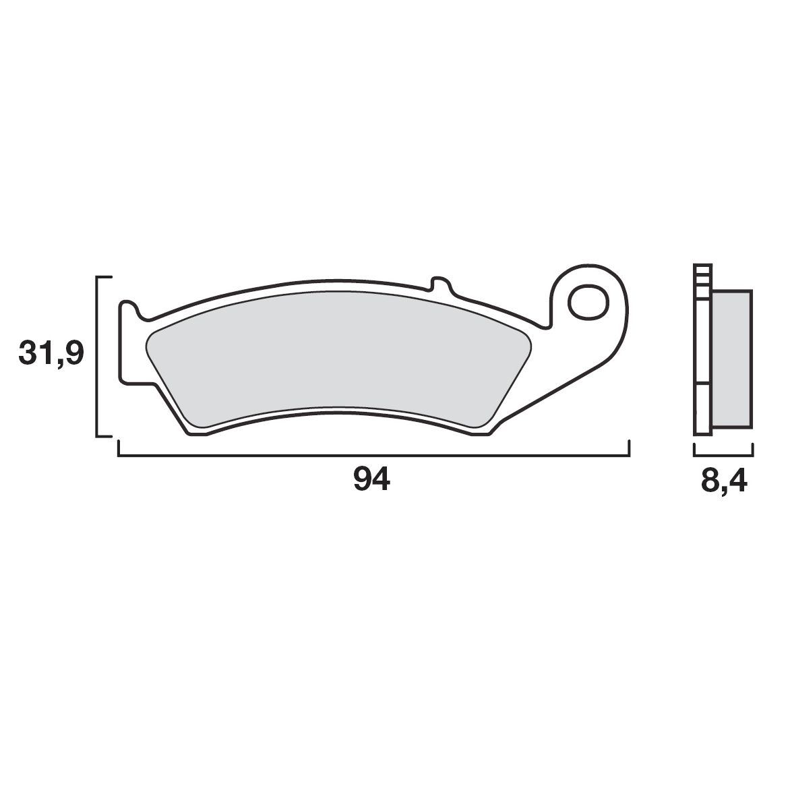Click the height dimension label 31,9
52,353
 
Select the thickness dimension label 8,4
724,483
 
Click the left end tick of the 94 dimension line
119,449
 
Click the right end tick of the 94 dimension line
629,449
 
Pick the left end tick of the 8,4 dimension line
694,450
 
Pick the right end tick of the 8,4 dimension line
753,450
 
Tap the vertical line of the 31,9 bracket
98,357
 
